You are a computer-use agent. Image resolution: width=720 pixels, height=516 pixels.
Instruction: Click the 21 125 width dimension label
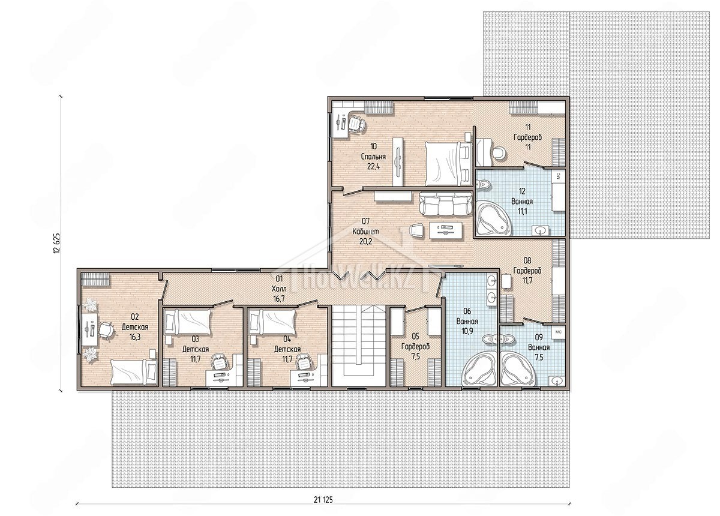pyautogui.click(x=323, y=500)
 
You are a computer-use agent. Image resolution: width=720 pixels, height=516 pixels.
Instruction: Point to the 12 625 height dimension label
pyautogui.click(x=56, y=243)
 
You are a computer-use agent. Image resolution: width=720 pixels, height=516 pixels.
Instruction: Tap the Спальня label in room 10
pyautogui.click(x=373, y=157)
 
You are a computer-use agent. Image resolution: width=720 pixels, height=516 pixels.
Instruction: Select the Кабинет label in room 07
pyautogui.click(x=365, y=232)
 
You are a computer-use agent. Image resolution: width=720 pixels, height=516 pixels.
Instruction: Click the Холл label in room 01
pyautogui.click(x=278, y=289)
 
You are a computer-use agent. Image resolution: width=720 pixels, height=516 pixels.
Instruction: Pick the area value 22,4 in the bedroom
pyautogui.click(x=373, y=167)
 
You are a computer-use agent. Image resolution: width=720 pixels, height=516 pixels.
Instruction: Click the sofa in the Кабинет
pyautogui.click(x=445, y=204)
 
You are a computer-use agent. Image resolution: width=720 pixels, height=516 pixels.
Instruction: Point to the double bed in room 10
pyautogui.click(x=448, y=164)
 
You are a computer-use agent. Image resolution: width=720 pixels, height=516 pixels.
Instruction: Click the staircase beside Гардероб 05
pyautogui.click(x=358, y=346)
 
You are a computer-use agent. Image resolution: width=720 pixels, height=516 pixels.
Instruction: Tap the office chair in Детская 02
pyautogui.click(x=106, y=330)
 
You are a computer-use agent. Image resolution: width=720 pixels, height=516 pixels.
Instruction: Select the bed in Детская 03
pyautogui.click(x=187, y=322)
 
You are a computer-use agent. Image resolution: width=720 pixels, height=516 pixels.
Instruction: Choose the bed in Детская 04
pyautogui.click(x=272, y=322)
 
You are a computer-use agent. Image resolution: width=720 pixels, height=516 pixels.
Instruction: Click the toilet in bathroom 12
pyautogui.click(x=483, y=185)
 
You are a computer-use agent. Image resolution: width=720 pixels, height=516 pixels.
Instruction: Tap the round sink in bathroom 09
pyautogui.click(x=556, y=380)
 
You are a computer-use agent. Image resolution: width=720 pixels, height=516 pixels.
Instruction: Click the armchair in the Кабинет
pyautogui.click(x=417, y=230)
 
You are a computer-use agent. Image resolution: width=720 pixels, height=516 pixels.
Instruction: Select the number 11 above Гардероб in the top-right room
pyautogui.click(x=528, y=127)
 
